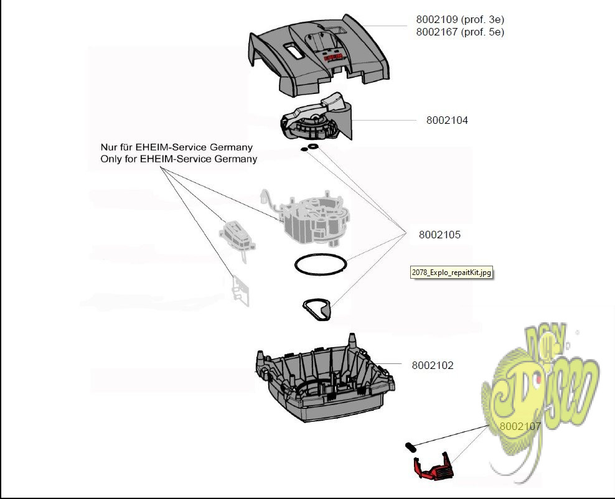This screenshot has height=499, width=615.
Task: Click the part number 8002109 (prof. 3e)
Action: point(459,20)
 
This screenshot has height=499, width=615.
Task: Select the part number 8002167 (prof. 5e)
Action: point(459,32)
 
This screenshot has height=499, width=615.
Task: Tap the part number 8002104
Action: point(447,121)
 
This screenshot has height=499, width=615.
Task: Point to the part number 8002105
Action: point(439,235)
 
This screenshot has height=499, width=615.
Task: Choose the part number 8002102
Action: point(433,365)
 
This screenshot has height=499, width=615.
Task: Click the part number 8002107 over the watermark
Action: point(520,426)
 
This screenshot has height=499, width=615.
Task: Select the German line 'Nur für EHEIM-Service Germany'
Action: point(177,147)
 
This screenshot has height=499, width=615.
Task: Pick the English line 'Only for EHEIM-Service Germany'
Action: point(179,159)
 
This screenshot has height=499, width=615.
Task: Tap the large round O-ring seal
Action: point(321,264)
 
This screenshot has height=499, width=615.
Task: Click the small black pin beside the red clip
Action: point(411,446)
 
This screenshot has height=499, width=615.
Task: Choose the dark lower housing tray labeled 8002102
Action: point(324,386)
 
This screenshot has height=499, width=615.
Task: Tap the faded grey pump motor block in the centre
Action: point(311,221)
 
